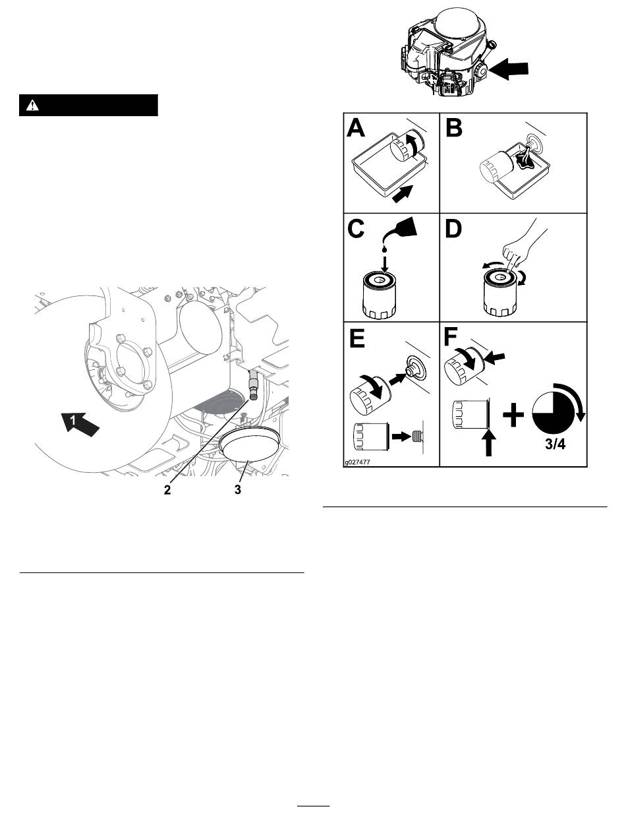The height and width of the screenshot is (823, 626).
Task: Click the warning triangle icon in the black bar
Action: (x=32, y=106)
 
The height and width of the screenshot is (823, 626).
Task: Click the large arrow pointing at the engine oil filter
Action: (x=509, y=69)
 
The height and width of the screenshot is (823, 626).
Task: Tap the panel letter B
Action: (x=454, y=127)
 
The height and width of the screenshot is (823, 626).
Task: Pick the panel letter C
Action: (x=356, y=229)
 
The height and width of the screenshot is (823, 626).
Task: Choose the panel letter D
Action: (x=453, y=229)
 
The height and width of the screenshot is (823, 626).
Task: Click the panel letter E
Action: (x=356, y=338)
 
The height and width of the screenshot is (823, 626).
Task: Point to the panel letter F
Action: (x=451, y=337)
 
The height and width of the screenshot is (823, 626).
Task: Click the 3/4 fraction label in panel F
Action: (x=555, y=444)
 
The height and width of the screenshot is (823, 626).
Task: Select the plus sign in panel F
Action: (x=513, y=415)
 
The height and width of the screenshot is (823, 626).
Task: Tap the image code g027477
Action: (x=357, y=462)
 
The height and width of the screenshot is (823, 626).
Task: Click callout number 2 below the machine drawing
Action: (x=167, y=489)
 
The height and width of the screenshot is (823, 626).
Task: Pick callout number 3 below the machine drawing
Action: (x=237, y=489)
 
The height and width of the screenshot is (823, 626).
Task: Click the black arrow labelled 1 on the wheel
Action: (x=80, y=423)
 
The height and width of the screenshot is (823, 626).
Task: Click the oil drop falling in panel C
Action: (x=384, y=248)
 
